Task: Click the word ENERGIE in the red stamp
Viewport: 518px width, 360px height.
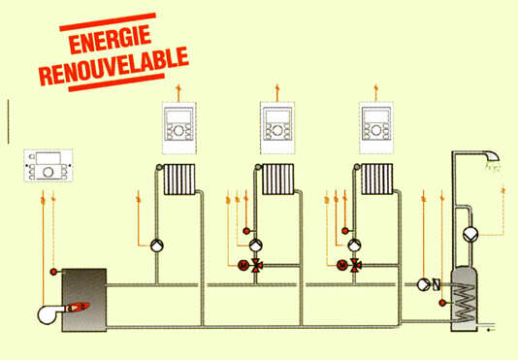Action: click(110, 39)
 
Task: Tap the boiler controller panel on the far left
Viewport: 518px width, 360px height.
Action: click(46, 166)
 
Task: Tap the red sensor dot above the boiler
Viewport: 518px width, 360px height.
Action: click(55, 269)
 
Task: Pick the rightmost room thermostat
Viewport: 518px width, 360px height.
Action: click(379, 123)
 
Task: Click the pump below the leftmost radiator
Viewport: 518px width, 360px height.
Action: click(157, 245)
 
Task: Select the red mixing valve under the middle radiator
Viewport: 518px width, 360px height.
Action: click(256, 265)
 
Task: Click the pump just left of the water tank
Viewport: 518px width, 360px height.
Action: click(424, 285)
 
